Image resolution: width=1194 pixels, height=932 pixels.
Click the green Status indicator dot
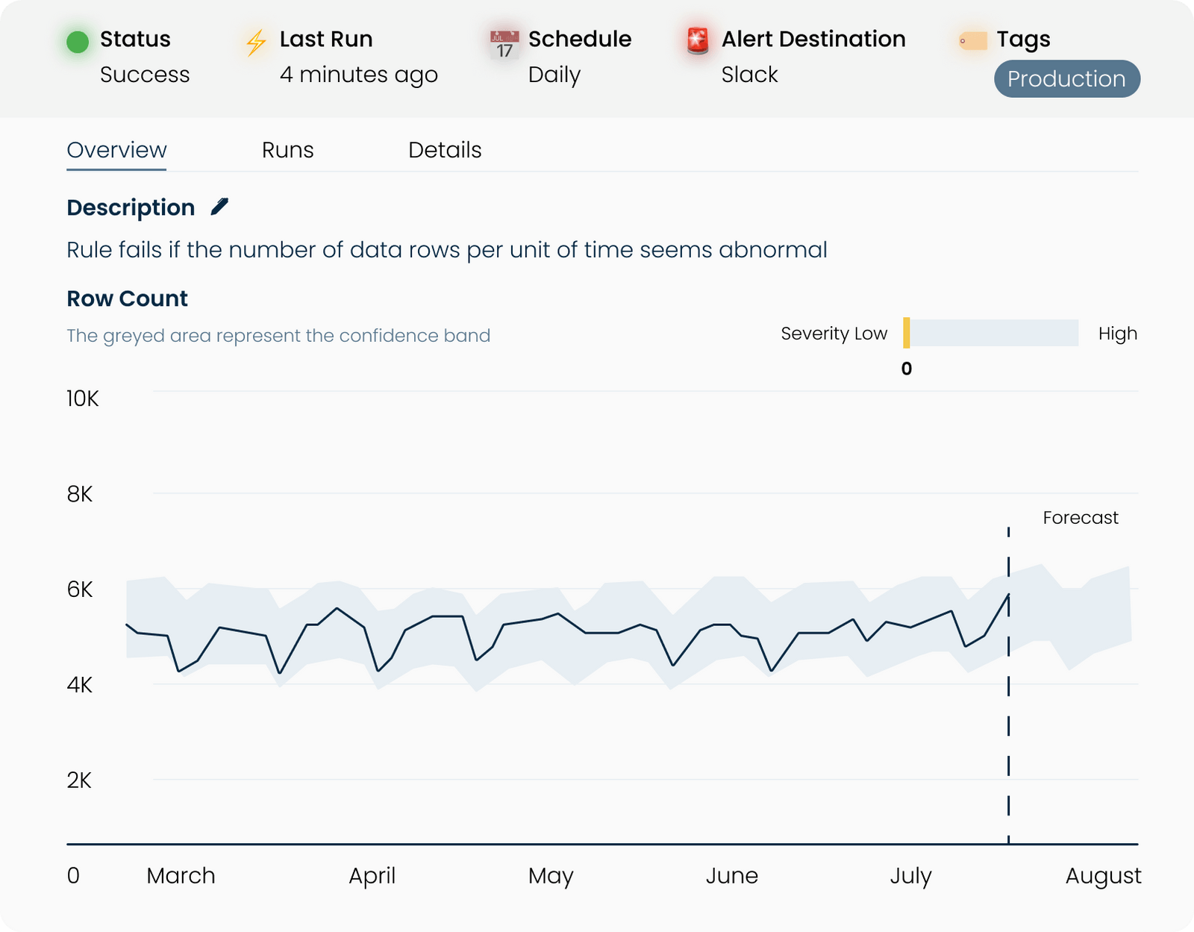78,42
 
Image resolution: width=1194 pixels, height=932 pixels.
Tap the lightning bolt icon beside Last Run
256,43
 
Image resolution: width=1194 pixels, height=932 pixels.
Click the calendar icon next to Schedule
504,44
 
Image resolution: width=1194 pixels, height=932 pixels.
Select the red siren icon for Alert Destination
698,41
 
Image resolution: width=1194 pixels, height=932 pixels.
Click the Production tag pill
1066,79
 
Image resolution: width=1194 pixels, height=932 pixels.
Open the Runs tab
287,150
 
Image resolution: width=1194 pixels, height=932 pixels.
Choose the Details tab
445,150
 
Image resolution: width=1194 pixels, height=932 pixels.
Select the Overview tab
116,150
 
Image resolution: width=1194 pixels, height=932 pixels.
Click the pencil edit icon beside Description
219,207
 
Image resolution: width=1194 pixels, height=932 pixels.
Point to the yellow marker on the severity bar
907,333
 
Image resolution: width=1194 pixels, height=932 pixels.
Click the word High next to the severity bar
1117,334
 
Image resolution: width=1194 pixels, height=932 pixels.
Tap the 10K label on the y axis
82,399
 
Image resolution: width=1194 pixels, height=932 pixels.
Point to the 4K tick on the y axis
80,685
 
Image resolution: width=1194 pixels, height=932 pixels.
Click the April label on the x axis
372,875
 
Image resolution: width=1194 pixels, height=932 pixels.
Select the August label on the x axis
1103,875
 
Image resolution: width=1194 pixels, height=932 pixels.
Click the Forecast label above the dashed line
1080,518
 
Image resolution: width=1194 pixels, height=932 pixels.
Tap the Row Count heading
127,298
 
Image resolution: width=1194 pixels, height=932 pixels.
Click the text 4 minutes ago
358,75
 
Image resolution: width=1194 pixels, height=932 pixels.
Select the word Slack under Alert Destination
749,75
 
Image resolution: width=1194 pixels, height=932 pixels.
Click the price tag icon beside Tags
973,41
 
